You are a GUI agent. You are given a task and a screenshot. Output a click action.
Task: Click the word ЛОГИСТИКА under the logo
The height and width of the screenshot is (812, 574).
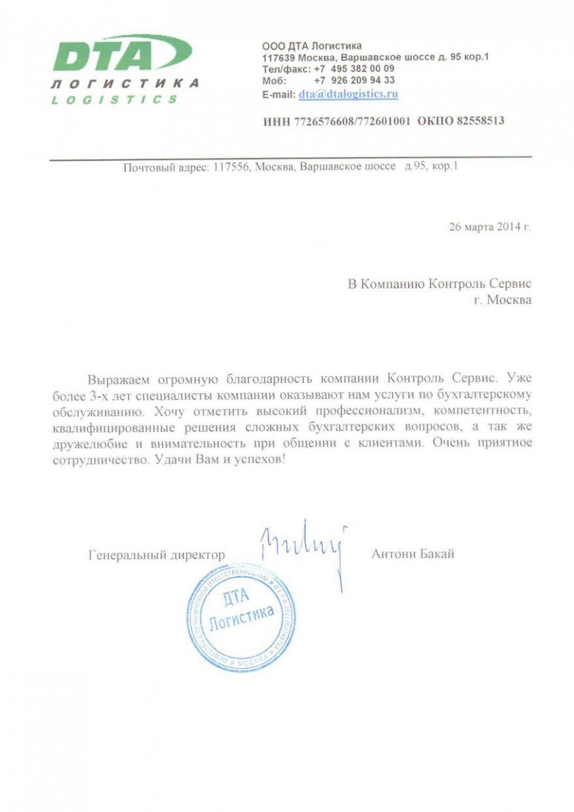tap(125, 84)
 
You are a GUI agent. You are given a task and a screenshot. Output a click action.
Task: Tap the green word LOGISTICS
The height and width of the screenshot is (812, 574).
tap(114, 99)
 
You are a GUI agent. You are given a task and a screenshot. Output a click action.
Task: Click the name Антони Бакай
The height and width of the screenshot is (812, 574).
tap(412, 554)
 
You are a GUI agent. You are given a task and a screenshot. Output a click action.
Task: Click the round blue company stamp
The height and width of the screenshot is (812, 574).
tap(241, 617)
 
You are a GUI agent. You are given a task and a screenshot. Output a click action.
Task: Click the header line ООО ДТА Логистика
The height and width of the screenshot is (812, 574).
tap(311, 45)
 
